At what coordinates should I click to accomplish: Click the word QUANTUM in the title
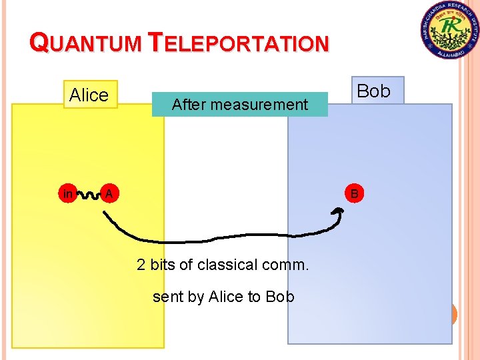coord(86,43)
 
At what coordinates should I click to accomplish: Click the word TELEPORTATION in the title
coord(239,43)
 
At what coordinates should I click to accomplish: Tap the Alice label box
coord(89,95)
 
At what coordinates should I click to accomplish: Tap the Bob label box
coord(374,91)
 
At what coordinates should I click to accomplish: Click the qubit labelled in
coord(67,194)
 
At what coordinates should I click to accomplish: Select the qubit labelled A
coord(108,194)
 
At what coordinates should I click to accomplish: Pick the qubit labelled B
coord(355,194)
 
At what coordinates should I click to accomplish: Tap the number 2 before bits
coord(141,265)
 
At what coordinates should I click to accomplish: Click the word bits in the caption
coord(163,265)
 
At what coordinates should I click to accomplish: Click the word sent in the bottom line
coord(167,297)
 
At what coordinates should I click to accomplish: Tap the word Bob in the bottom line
coord(279,297)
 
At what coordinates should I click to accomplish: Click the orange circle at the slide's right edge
coord(454,314)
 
